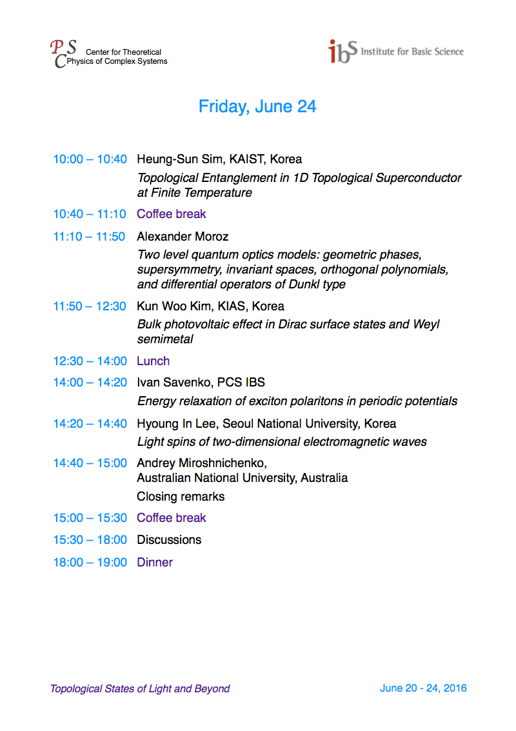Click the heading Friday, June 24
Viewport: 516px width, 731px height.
tap(257, 106)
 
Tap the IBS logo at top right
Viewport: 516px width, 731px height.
tap(342, 52)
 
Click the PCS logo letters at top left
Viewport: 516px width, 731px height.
tap(63, 53)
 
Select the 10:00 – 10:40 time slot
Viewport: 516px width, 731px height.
tap(90, 159)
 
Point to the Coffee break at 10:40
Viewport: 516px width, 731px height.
tap(172, 214)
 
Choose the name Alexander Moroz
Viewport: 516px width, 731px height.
tap(183, 237)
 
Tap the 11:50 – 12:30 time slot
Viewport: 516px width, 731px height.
tap(90, 306)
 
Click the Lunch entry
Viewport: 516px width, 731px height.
tap(154, 361)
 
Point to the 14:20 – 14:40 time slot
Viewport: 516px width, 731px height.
tap(90, 424)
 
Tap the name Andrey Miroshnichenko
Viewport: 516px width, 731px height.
tap(201, 463)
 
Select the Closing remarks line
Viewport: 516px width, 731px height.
tap(181, 497)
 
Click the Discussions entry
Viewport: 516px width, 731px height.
tap(169, 540)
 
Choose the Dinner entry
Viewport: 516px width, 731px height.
tap(155, 563)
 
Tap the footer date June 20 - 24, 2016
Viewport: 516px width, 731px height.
tap(423, 688)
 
